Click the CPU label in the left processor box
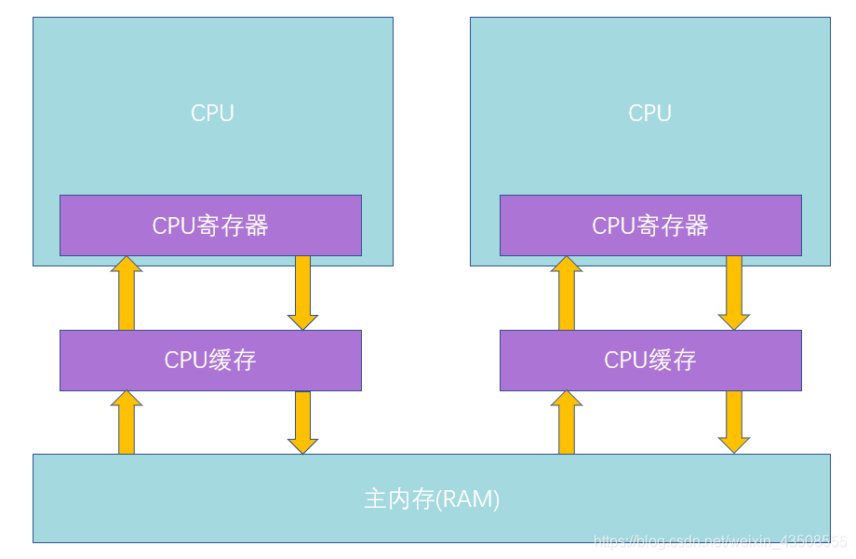click(x=212, y=114)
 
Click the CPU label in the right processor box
click(x=649, y=114)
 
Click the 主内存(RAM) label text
click(x=432, y=499)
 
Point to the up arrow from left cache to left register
click(x=127, y=293)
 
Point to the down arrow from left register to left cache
click(x=302, y=293)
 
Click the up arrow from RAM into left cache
click(x=127, y=423)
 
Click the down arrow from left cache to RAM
click(x=302, y=422)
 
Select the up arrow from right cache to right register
click(x=567, y=293)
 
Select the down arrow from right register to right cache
click(x=734, y=293)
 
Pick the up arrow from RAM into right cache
click(x=567, y=423)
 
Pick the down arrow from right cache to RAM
click(x=734, y=422)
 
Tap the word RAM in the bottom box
click(x=471, y=499)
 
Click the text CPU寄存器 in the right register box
click(x=650, y=225)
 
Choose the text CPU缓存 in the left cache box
click(x=210, y=361)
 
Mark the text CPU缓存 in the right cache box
click(x=650, y=361)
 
